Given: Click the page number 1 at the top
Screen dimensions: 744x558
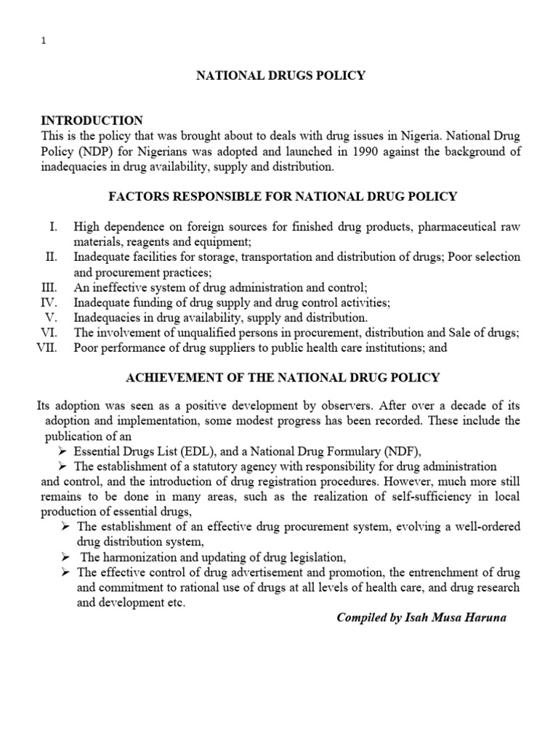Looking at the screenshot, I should point(43,41).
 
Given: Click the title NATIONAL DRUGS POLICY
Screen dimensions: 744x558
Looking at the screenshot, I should point(278,76).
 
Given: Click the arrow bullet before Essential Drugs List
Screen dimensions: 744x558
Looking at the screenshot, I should point(62,450).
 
